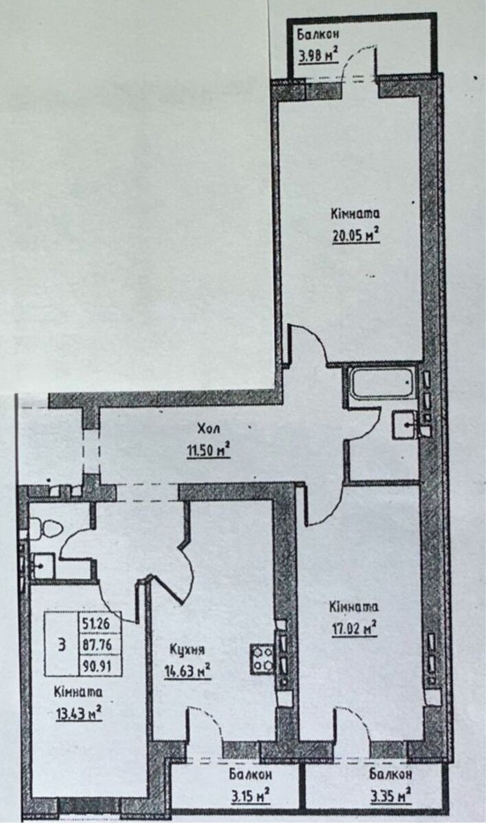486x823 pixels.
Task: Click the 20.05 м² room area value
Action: [x=356, y=235]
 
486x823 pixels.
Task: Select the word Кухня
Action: [x=187, y=650]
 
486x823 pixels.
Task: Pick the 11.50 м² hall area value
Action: [x=209, y=450]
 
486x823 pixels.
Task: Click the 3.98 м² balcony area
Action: [x=319, y=56]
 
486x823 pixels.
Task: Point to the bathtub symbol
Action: [x=383, y=384]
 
